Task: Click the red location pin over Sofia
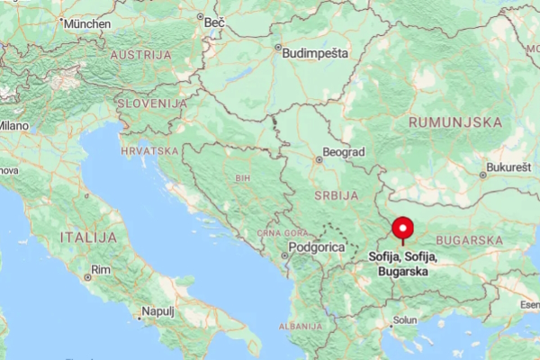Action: pos(402,229)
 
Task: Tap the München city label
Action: pos(87,23)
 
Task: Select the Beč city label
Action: pos(214,22)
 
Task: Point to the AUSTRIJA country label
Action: pos(140,55)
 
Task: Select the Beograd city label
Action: pos(344,153)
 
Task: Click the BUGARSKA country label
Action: pos(469,240)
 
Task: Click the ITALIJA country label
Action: pos(88,237)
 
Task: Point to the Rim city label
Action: pos(100,270)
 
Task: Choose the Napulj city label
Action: pos(158,312)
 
